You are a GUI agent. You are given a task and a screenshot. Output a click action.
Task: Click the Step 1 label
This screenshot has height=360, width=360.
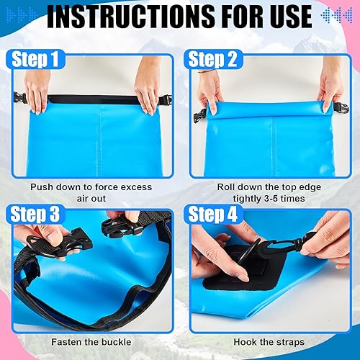pyautogui.click(x=34, y=59)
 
